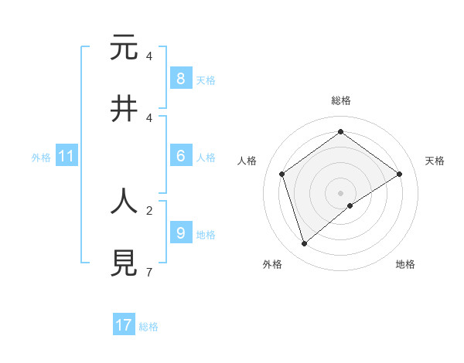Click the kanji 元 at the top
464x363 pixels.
click(x=124, y=48)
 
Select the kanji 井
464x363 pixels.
click(x=124, y=109)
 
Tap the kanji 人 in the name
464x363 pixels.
click(x=124, y=202)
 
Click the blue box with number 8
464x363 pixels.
click(x=180, y=78)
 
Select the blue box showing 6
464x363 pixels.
click(x=180, y=156)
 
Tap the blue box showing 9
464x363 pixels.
click(x=180, y=232)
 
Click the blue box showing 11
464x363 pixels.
click(x=66, y=156)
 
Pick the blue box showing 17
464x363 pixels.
click(x=124, y=325)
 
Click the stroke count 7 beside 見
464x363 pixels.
click(x=148, y=272)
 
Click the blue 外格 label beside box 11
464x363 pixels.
click(x=41, y=157)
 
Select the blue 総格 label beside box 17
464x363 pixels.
click(x=148, y=326)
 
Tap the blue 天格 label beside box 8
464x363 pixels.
click(x=206, y=79)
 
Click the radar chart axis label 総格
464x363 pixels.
click(x=340, y=100)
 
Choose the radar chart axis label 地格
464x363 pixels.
click(x=405, y=264)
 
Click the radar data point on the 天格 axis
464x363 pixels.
click(x=399, y=174)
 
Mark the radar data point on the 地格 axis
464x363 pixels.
click(x=350, y=205)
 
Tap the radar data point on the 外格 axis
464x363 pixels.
click(x=304, y=243)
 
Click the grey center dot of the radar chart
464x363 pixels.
click(x=340, y=192)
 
